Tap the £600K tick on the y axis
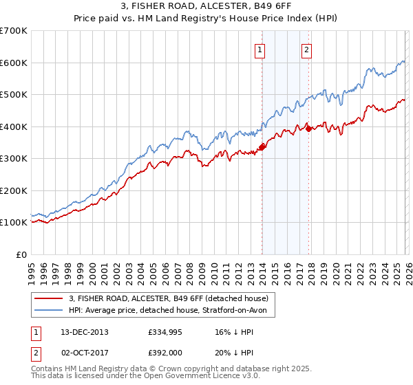[x=14, y=63]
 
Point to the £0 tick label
[x=21, y=254]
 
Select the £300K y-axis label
[x=14, y=158]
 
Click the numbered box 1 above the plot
[x=260, y=49]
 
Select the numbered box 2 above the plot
[x=306, y=49]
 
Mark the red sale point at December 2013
[x=262, y=146]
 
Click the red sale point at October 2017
[x=308, y=129]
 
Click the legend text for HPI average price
[x=172, y=310]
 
